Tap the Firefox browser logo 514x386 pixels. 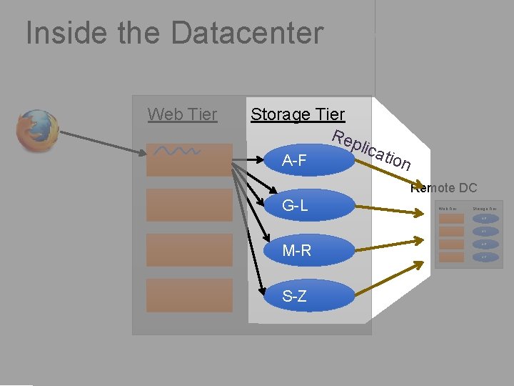click(38, 131)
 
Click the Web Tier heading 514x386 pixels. click(182, 114)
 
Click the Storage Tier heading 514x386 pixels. click(297, 114)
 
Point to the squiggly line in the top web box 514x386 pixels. click(178, 152)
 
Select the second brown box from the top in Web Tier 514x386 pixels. click(189, 205)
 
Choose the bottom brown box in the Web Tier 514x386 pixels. click(189, 295)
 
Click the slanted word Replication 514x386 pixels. click(372, 151)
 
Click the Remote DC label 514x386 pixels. click(443, 189)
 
